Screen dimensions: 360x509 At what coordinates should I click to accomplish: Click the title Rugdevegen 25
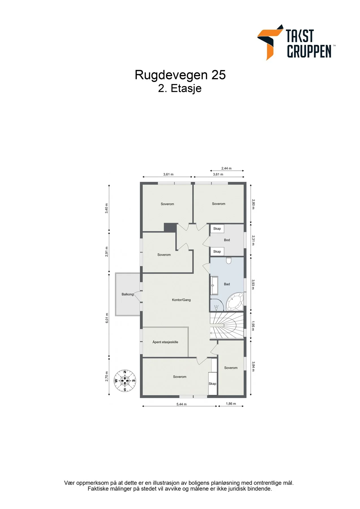pyautogui.click(x=180, y=75)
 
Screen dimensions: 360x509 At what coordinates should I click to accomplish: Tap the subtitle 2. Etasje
pyautogui.click(x=180, y=88)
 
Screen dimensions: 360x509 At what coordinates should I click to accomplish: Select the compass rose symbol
pyautogui.click(x=125, y=381)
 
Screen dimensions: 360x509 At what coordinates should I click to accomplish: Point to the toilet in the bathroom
pyautogui.click(x=229, y=260)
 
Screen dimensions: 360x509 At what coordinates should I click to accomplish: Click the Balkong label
pyautogui.click(x=128, y=294)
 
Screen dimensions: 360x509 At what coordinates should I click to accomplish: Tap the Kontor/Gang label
pyautogui.click(x=181, y=300)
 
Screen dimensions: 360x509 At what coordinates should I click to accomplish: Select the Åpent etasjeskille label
pyautogui.click(x=165, y=342)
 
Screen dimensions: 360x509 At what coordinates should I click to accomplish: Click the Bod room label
pyautogui.click(x=227, y=240)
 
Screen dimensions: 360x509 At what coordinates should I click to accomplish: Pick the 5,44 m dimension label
pyautogui.click(x=182, y=404)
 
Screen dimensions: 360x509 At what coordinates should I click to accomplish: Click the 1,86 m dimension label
pyautogui.click(x=231, y=404)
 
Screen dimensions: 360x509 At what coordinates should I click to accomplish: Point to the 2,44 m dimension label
pyautogui.click(x=226, y=169)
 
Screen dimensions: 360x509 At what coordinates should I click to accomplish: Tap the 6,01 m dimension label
pyautogui.click(x=107, y=318)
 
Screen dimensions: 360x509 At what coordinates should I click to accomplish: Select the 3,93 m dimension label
pyautogui.click(x=253, y=284)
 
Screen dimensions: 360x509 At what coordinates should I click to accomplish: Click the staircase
pyautogui.click(x=227, y=326)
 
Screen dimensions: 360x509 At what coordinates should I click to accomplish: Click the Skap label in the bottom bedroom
pyautogui.click(x=212, y=384)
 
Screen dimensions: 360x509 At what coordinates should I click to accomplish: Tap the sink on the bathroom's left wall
pyautogui.click(x=214, y=286)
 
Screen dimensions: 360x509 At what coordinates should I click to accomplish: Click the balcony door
pyautogui.click(x=138, y=296)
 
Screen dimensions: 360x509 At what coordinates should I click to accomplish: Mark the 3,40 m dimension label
pyautogui.click(x=107, y=208)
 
